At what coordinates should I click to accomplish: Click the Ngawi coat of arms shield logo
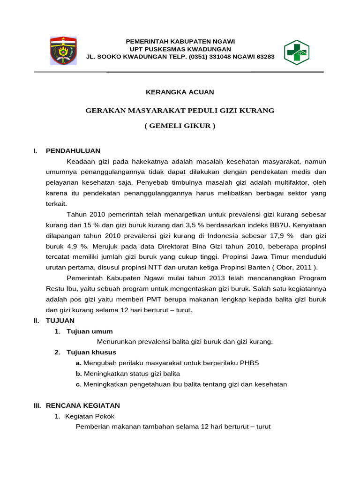(63, 51)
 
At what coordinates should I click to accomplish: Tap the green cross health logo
(297, 52)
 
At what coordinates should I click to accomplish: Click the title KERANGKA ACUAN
(180, 92)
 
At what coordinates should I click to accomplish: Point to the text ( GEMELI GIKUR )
(180, 126)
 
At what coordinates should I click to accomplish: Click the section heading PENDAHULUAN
(73, 150)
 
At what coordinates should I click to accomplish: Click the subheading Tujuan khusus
(91, 352)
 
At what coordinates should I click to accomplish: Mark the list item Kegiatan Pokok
(90, 416)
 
